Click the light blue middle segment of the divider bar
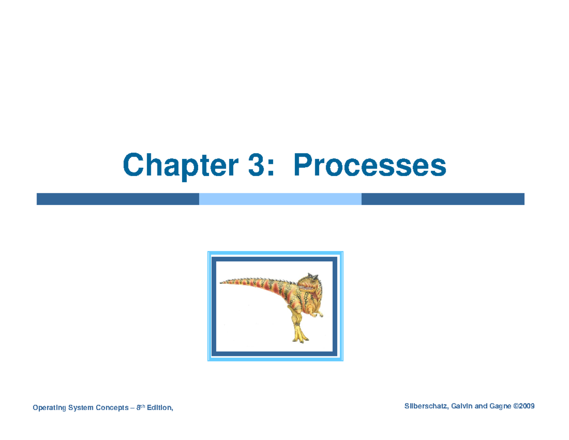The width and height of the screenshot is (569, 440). (x=280, y=199)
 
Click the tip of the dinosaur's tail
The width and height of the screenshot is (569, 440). (x=221, y=282)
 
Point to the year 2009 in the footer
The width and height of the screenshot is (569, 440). (x=527, y=406)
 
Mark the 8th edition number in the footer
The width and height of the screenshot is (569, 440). (x=139, y=407)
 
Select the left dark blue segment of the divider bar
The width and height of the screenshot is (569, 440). (x=118, y=199)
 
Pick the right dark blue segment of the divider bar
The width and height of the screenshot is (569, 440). (x=443, y=199)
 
